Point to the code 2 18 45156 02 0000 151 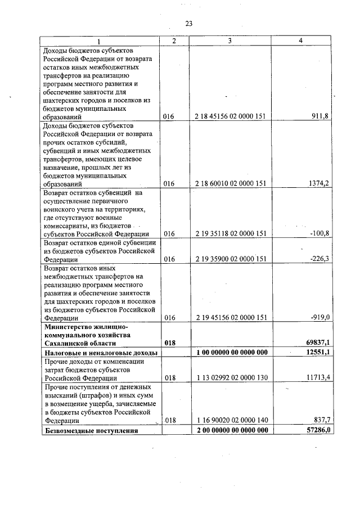click(230, 117)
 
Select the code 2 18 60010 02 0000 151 click(230, 183)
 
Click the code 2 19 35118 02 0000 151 click(230, 233)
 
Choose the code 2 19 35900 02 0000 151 click(230, 259)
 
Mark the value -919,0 click(319, 317)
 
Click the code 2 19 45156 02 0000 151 click(230, 317)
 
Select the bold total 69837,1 click(316, 343)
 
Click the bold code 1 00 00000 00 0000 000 click(230, 352)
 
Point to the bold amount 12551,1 click(316, 352)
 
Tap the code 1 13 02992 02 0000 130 click(230, 379)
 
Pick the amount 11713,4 click(316, 379)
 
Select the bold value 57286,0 click(316, 430)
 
